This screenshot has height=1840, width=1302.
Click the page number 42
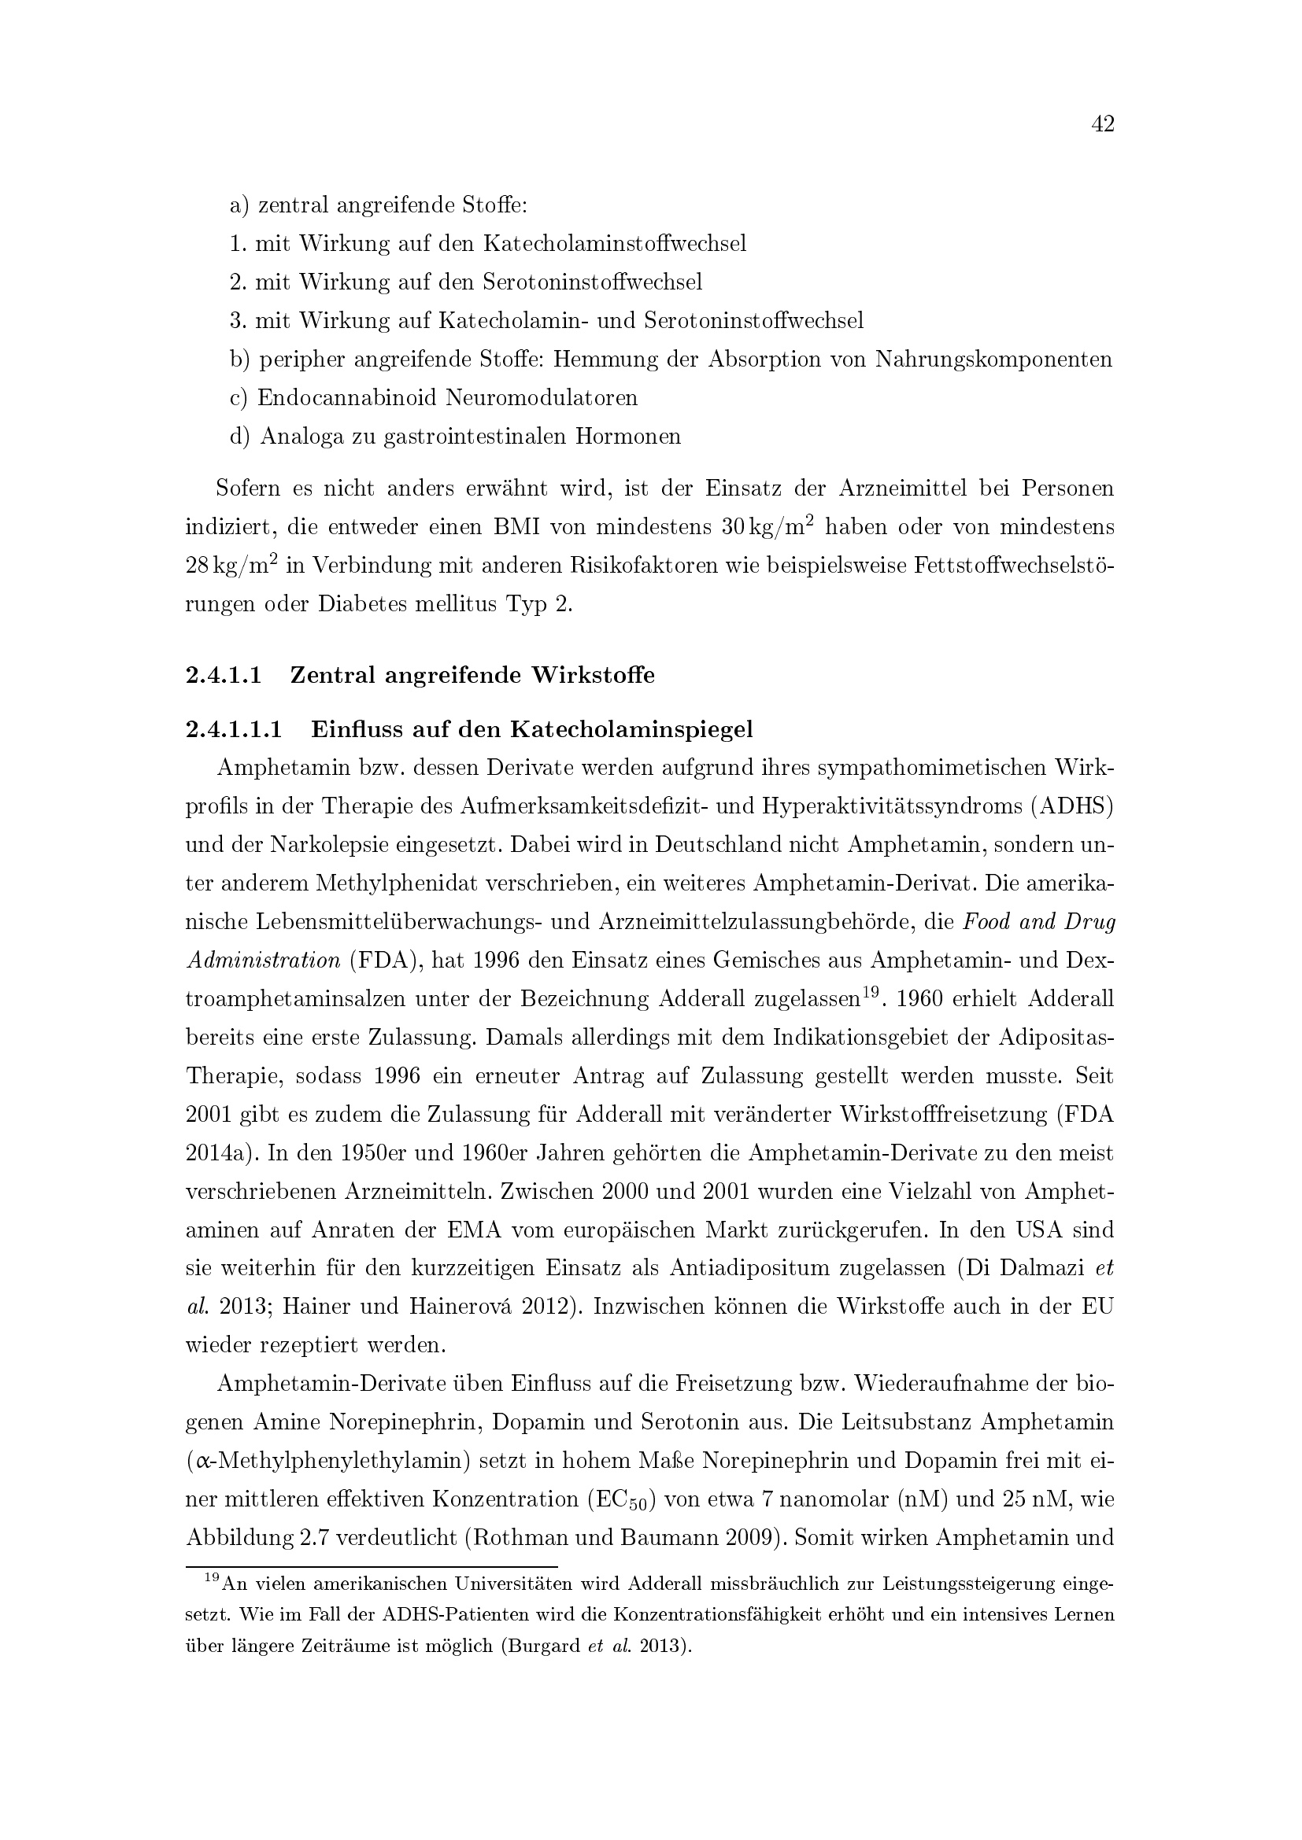[x=1102, y=124]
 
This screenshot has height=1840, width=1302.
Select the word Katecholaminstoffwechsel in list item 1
[x=614, y=244]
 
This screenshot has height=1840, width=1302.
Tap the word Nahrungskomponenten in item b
[x=993, y=359]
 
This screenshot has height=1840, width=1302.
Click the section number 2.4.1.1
[x=224, y=676]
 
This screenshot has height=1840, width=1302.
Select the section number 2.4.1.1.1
[x=234, y=730]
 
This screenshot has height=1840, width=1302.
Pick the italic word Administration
[x=263, y=960]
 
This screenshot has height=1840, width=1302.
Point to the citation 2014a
[x=215, y=1153]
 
